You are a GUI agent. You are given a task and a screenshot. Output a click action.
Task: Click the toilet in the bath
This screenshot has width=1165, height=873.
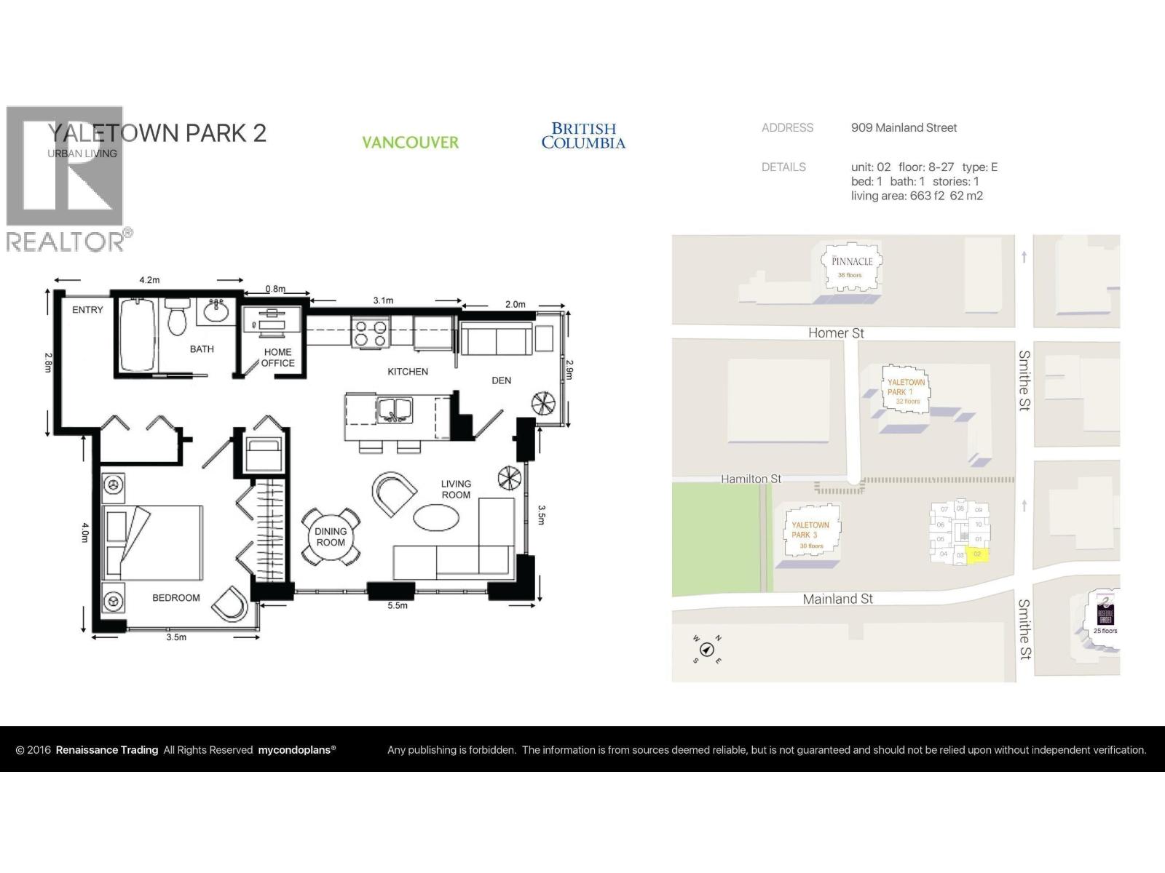[x=177, y=318]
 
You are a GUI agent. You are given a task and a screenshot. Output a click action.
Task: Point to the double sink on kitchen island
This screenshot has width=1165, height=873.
[x=394, y=410]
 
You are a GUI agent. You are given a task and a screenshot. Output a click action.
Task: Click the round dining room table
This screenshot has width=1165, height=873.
[x=331, y=538]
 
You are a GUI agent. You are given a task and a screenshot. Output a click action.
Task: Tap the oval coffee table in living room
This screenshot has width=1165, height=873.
[x=436, y=518]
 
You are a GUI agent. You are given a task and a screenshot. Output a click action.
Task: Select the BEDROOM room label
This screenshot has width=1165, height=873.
[x=175, y=598]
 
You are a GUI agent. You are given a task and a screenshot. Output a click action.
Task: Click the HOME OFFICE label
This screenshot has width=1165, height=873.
[x=277, y=357]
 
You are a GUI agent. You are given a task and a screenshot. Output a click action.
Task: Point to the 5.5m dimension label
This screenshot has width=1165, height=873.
[x=398, y=605]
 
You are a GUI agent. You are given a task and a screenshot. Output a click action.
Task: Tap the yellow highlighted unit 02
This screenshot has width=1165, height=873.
[x=977, y=555]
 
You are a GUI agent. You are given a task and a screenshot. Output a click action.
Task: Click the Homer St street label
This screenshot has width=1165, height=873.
[x=836, y=333]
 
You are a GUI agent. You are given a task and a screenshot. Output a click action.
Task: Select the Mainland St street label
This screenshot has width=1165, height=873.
[x=837, y=599]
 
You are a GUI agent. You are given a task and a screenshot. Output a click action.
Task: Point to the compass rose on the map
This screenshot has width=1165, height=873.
[x=706, y=649]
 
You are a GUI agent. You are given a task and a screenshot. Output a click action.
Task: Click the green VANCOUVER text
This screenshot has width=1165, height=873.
[x=411, y=143]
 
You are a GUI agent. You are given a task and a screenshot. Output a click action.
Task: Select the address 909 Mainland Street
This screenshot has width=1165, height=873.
[x=904, y=128]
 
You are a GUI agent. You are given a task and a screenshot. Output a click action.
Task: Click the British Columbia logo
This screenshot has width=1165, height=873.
[x=583, y=136]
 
